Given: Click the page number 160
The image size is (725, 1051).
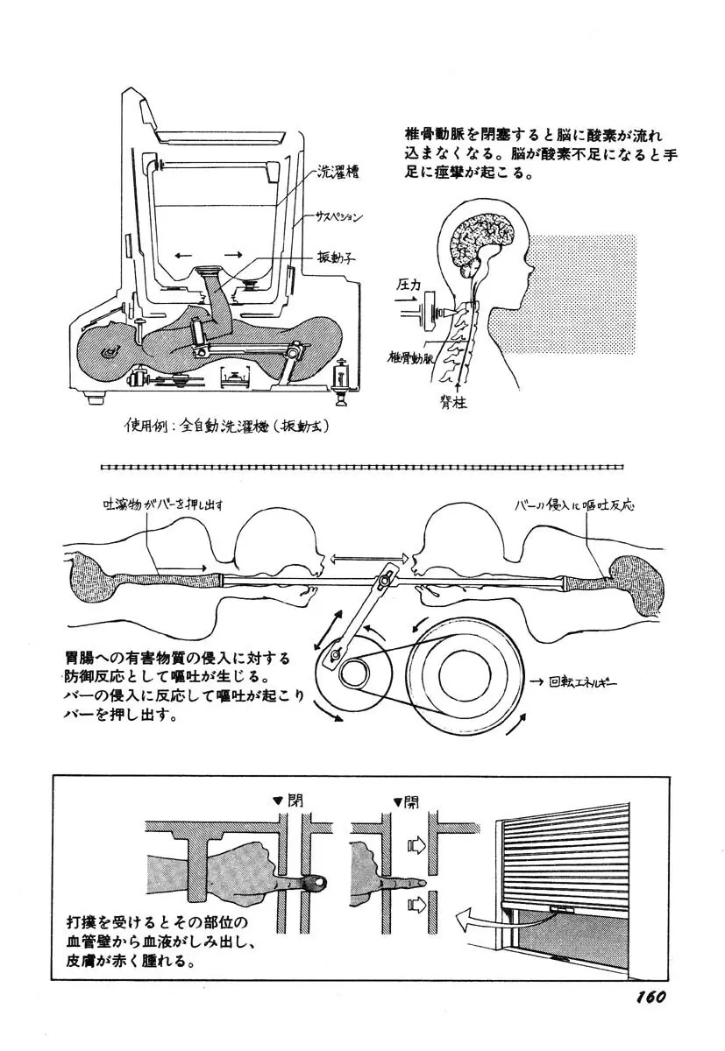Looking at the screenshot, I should tap(648, 998).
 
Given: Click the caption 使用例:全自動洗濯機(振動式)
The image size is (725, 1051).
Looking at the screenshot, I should tap(219, 427).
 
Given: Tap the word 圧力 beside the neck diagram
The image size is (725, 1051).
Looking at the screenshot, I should tap(409, 285).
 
